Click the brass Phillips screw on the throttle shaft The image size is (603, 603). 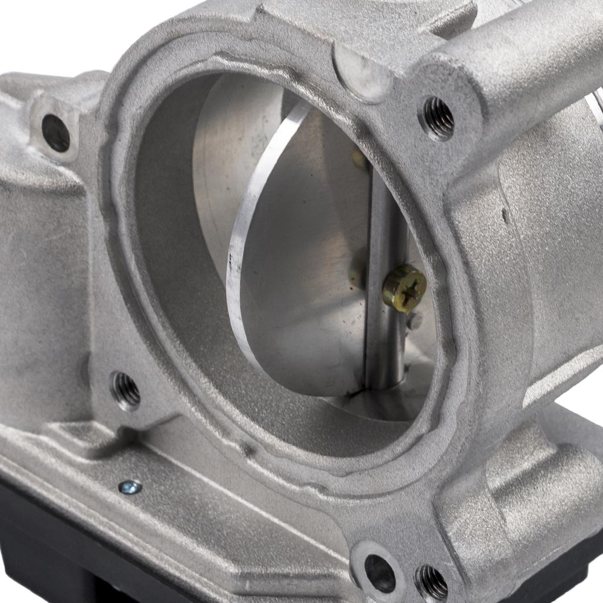404,288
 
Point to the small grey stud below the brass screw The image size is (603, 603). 413,321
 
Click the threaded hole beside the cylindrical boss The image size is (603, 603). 438,118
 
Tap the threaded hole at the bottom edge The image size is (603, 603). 432,582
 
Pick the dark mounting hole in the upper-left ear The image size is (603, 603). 56,133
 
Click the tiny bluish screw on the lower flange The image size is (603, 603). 130,485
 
